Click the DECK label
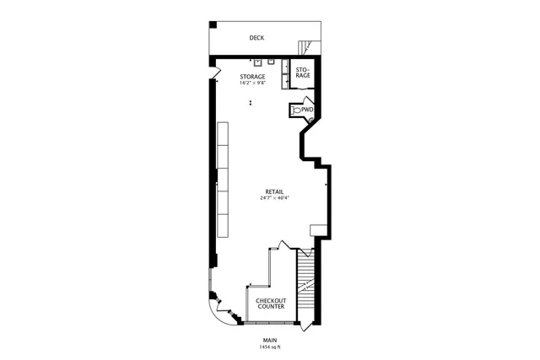tap(256, 38)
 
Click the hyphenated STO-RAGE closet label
tap(302, 73)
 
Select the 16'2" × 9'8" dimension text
tap(253, 83)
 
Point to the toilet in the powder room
tap(295, 110)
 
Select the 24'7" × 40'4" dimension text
tap(274, 199)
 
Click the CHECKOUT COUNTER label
tap(271, 304)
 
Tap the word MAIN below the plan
tap(270, 340)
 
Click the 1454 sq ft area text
tap(270, 347)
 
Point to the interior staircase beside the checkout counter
tap(305, 287)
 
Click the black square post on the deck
tap(213, 24)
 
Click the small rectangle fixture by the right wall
tap(316, 230)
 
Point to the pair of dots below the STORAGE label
tap(251, 103)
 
